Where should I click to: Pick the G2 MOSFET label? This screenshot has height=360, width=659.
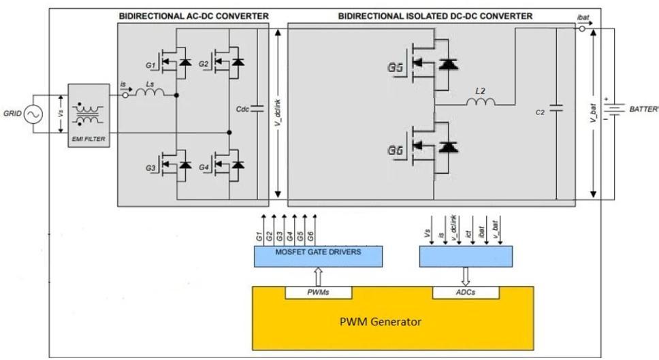point(203,64)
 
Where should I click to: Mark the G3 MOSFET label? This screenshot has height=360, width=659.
point(150,168)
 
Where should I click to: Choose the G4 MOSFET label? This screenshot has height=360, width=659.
point(204,167)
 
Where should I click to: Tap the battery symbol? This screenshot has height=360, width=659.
point(615,109)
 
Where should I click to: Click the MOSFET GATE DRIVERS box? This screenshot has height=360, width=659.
point(318,256)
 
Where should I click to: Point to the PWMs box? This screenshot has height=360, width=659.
point(318,293)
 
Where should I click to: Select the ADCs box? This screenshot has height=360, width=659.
point(466,293)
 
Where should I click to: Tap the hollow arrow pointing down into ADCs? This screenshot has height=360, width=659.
point(466,276)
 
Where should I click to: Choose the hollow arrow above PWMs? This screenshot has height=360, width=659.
point(318,276)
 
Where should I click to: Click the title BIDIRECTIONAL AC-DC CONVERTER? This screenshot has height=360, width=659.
point(193,16)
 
